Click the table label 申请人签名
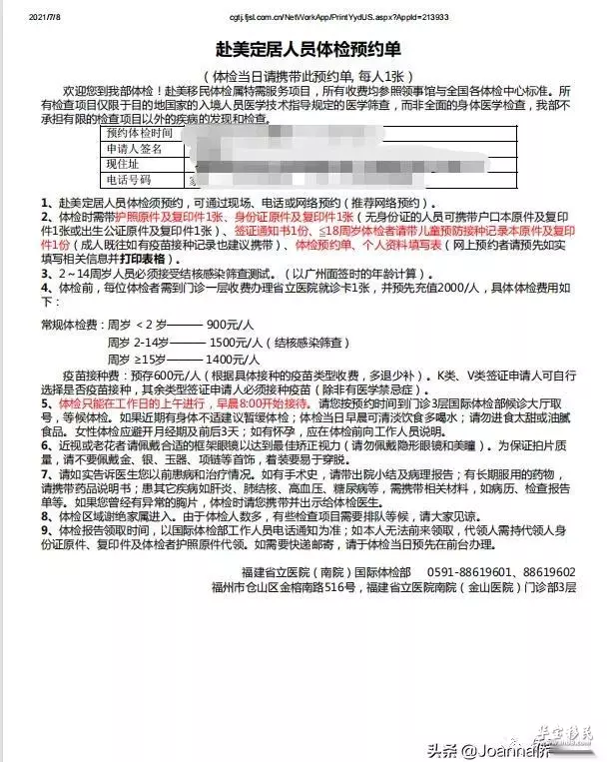pos(132,149)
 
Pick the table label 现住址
pos(125,164)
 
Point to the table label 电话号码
pos(132,180)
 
